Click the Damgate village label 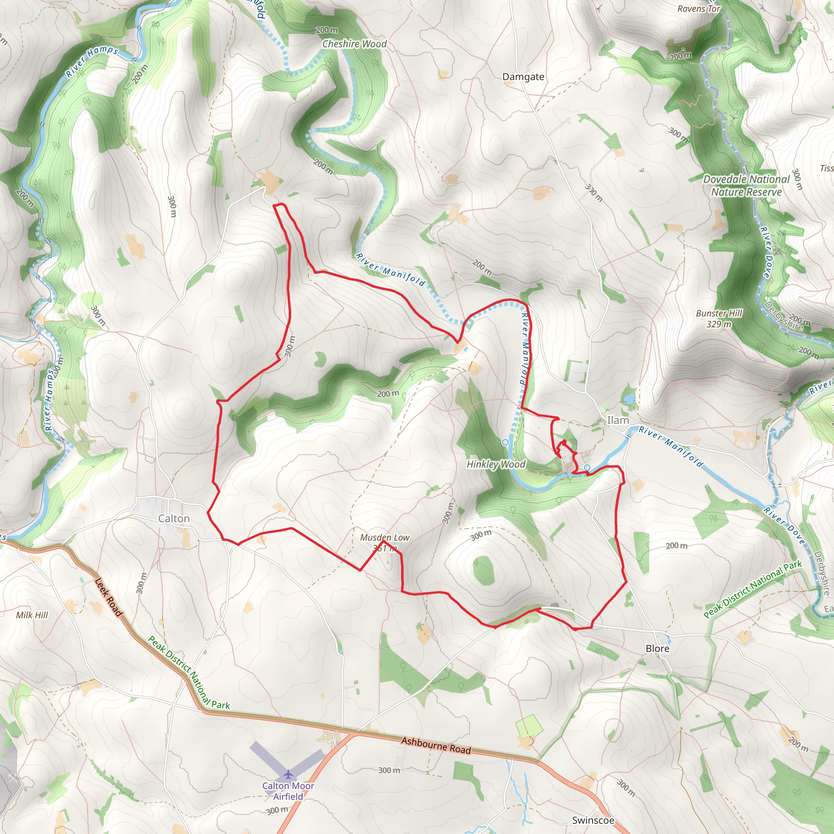523,77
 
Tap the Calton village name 173,518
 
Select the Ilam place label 618,420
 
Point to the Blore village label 657,648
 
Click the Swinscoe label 593,820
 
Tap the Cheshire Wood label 354,44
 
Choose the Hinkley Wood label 496,464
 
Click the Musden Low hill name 384,538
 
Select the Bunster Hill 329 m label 719,318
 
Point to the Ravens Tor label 698,9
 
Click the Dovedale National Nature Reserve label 746,185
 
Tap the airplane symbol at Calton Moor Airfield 288,774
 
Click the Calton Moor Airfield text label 288,791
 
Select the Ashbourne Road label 436,746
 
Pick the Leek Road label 108,597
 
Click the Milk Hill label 32,615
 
